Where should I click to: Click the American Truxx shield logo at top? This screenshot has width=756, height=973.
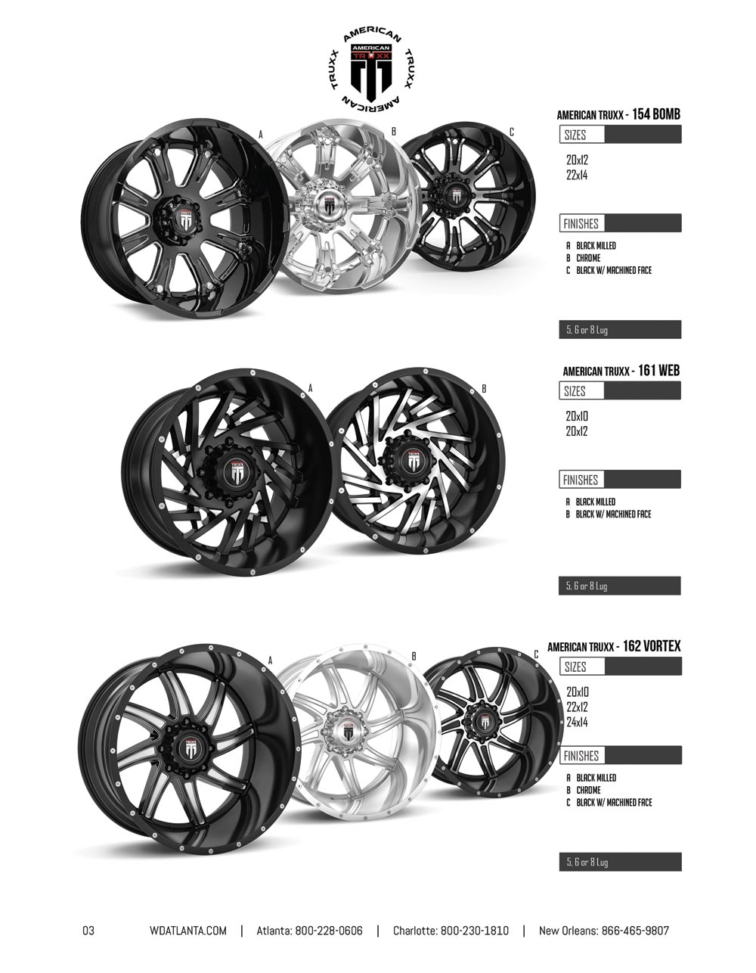click(371, 72)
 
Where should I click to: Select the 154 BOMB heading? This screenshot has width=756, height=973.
click(655, 115)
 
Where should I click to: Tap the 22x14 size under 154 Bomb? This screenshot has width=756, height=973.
click(577, 175)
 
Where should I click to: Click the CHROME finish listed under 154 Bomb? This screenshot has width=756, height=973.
click(588, 258)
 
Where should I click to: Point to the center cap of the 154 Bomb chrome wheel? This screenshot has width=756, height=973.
click(330, 204)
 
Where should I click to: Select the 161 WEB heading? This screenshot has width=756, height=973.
click(658, 370)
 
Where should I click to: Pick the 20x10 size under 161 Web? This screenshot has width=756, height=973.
click(577, 416)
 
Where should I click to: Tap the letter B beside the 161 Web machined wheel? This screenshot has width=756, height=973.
click(484, 390)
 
